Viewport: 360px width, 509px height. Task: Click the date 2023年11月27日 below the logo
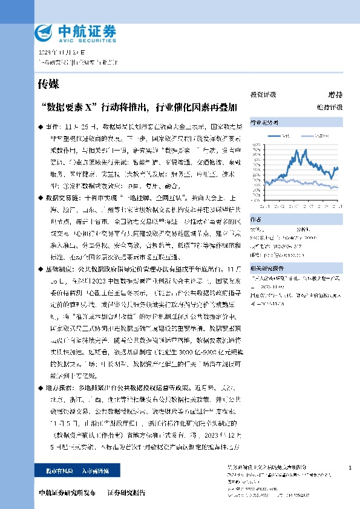pos(59,53)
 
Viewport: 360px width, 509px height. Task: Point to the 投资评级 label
pos(263,95)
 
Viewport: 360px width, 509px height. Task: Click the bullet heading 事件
pos(53,128)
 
